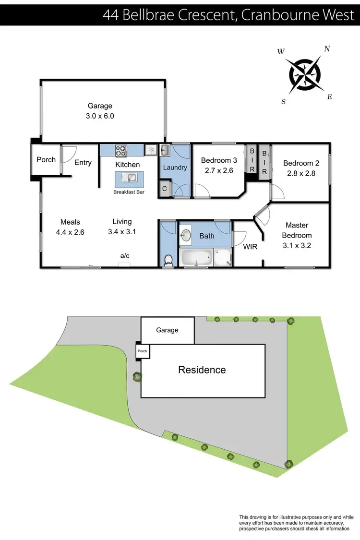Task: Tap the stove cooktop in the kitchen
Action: coord(120,150)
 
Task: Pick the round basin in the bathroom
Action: coord(186,235)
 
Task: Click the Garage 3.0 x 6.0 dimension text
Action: coord(100,116)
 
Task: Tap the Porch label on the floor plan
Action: coord(46,159)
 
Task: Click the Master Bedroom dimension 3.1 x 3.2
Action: coord(298,246)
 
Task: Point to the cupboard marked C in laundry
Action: coord(165,189)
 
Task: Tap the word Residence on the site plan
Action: coord(202,370)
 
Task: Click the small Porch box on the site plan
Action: coord(143,351)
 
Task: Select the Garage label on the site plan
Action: coord(167,330)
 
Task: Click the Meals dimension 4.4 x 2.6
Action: coord(70,232)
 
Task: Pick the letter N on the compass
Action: coord(327,48)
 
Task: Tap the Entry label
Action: coord(83,162)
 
